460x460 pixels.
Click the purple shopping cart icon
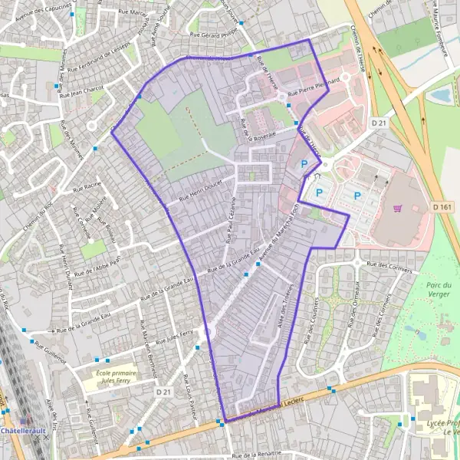(x=398, y=208)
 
